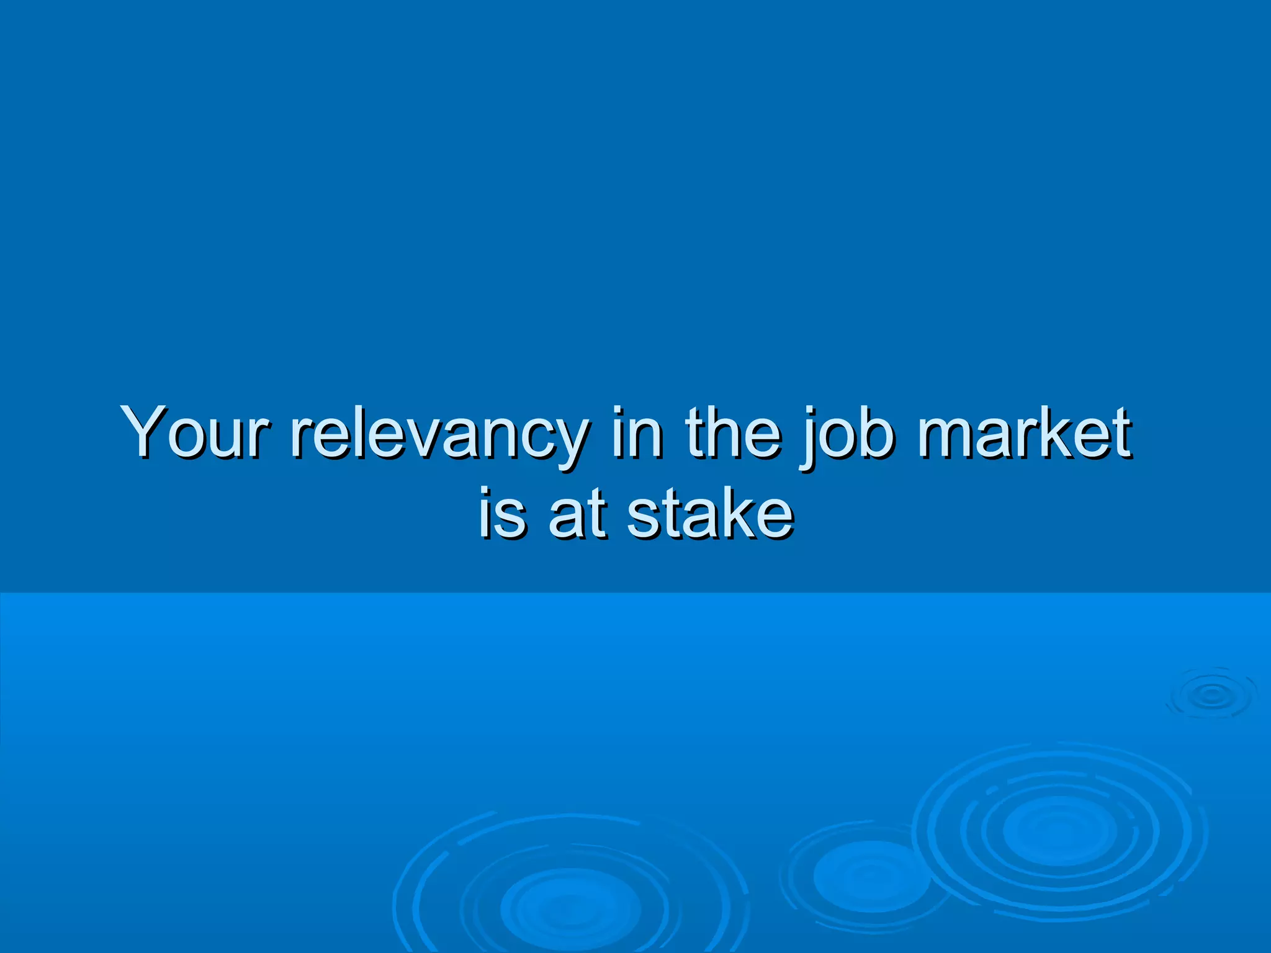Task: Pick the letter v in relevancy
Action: coord(432,437)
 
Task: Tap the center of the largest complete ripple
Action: coord(1059,830)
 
